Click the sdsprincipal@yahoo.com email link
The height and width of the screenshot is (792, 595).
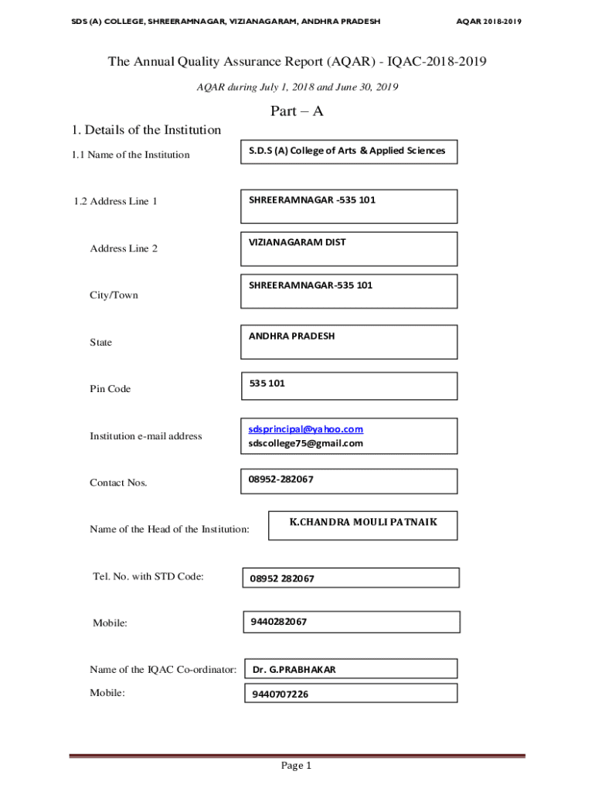tap(306, 429)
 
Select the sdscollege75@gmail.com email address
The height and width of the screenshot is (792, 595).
tap(306, 444)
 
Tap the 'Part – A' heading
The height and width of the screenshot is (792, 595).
tap(297, 111)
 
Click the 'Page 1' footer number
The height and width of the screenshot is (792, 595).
tap(296, 766)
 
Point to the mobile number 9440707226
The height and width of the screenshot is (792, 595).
tap(280, 695)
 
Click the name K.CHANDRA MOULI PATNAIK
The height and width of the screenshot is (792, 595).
tap(363, 522)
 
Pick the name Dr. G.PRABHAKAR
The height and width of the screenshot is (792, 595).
tap(294, 670)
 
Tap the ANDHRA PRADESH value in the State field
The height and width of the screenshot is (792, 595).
tap(292, 336)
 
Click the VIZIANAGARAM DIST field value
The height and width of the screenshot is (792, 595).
tap(297, 242)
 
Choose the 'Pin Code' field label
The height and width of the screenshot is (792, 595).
tap(110, 389)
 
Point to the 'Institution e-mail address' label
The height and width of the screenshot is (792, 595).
tap(146, 436)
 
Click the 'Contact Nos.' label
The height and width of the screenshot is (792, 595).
tap(118, 483)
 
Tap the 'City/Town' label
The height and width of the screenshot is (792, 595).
tap(114, 295)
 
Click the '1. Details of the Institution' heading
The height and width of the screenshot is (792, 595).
tap(145, 130)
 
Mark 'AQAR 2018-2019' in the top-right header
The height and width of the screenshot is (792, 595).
tap(488, 22)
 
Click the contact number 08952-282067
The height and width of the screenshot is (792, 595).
tap(281, 480)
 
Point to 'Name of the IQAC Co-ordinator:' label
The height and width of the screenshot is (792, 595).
tap(163, 670)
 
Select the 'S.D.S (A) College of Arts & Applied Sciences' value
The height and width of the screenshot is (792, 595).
tap(347, 151)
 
